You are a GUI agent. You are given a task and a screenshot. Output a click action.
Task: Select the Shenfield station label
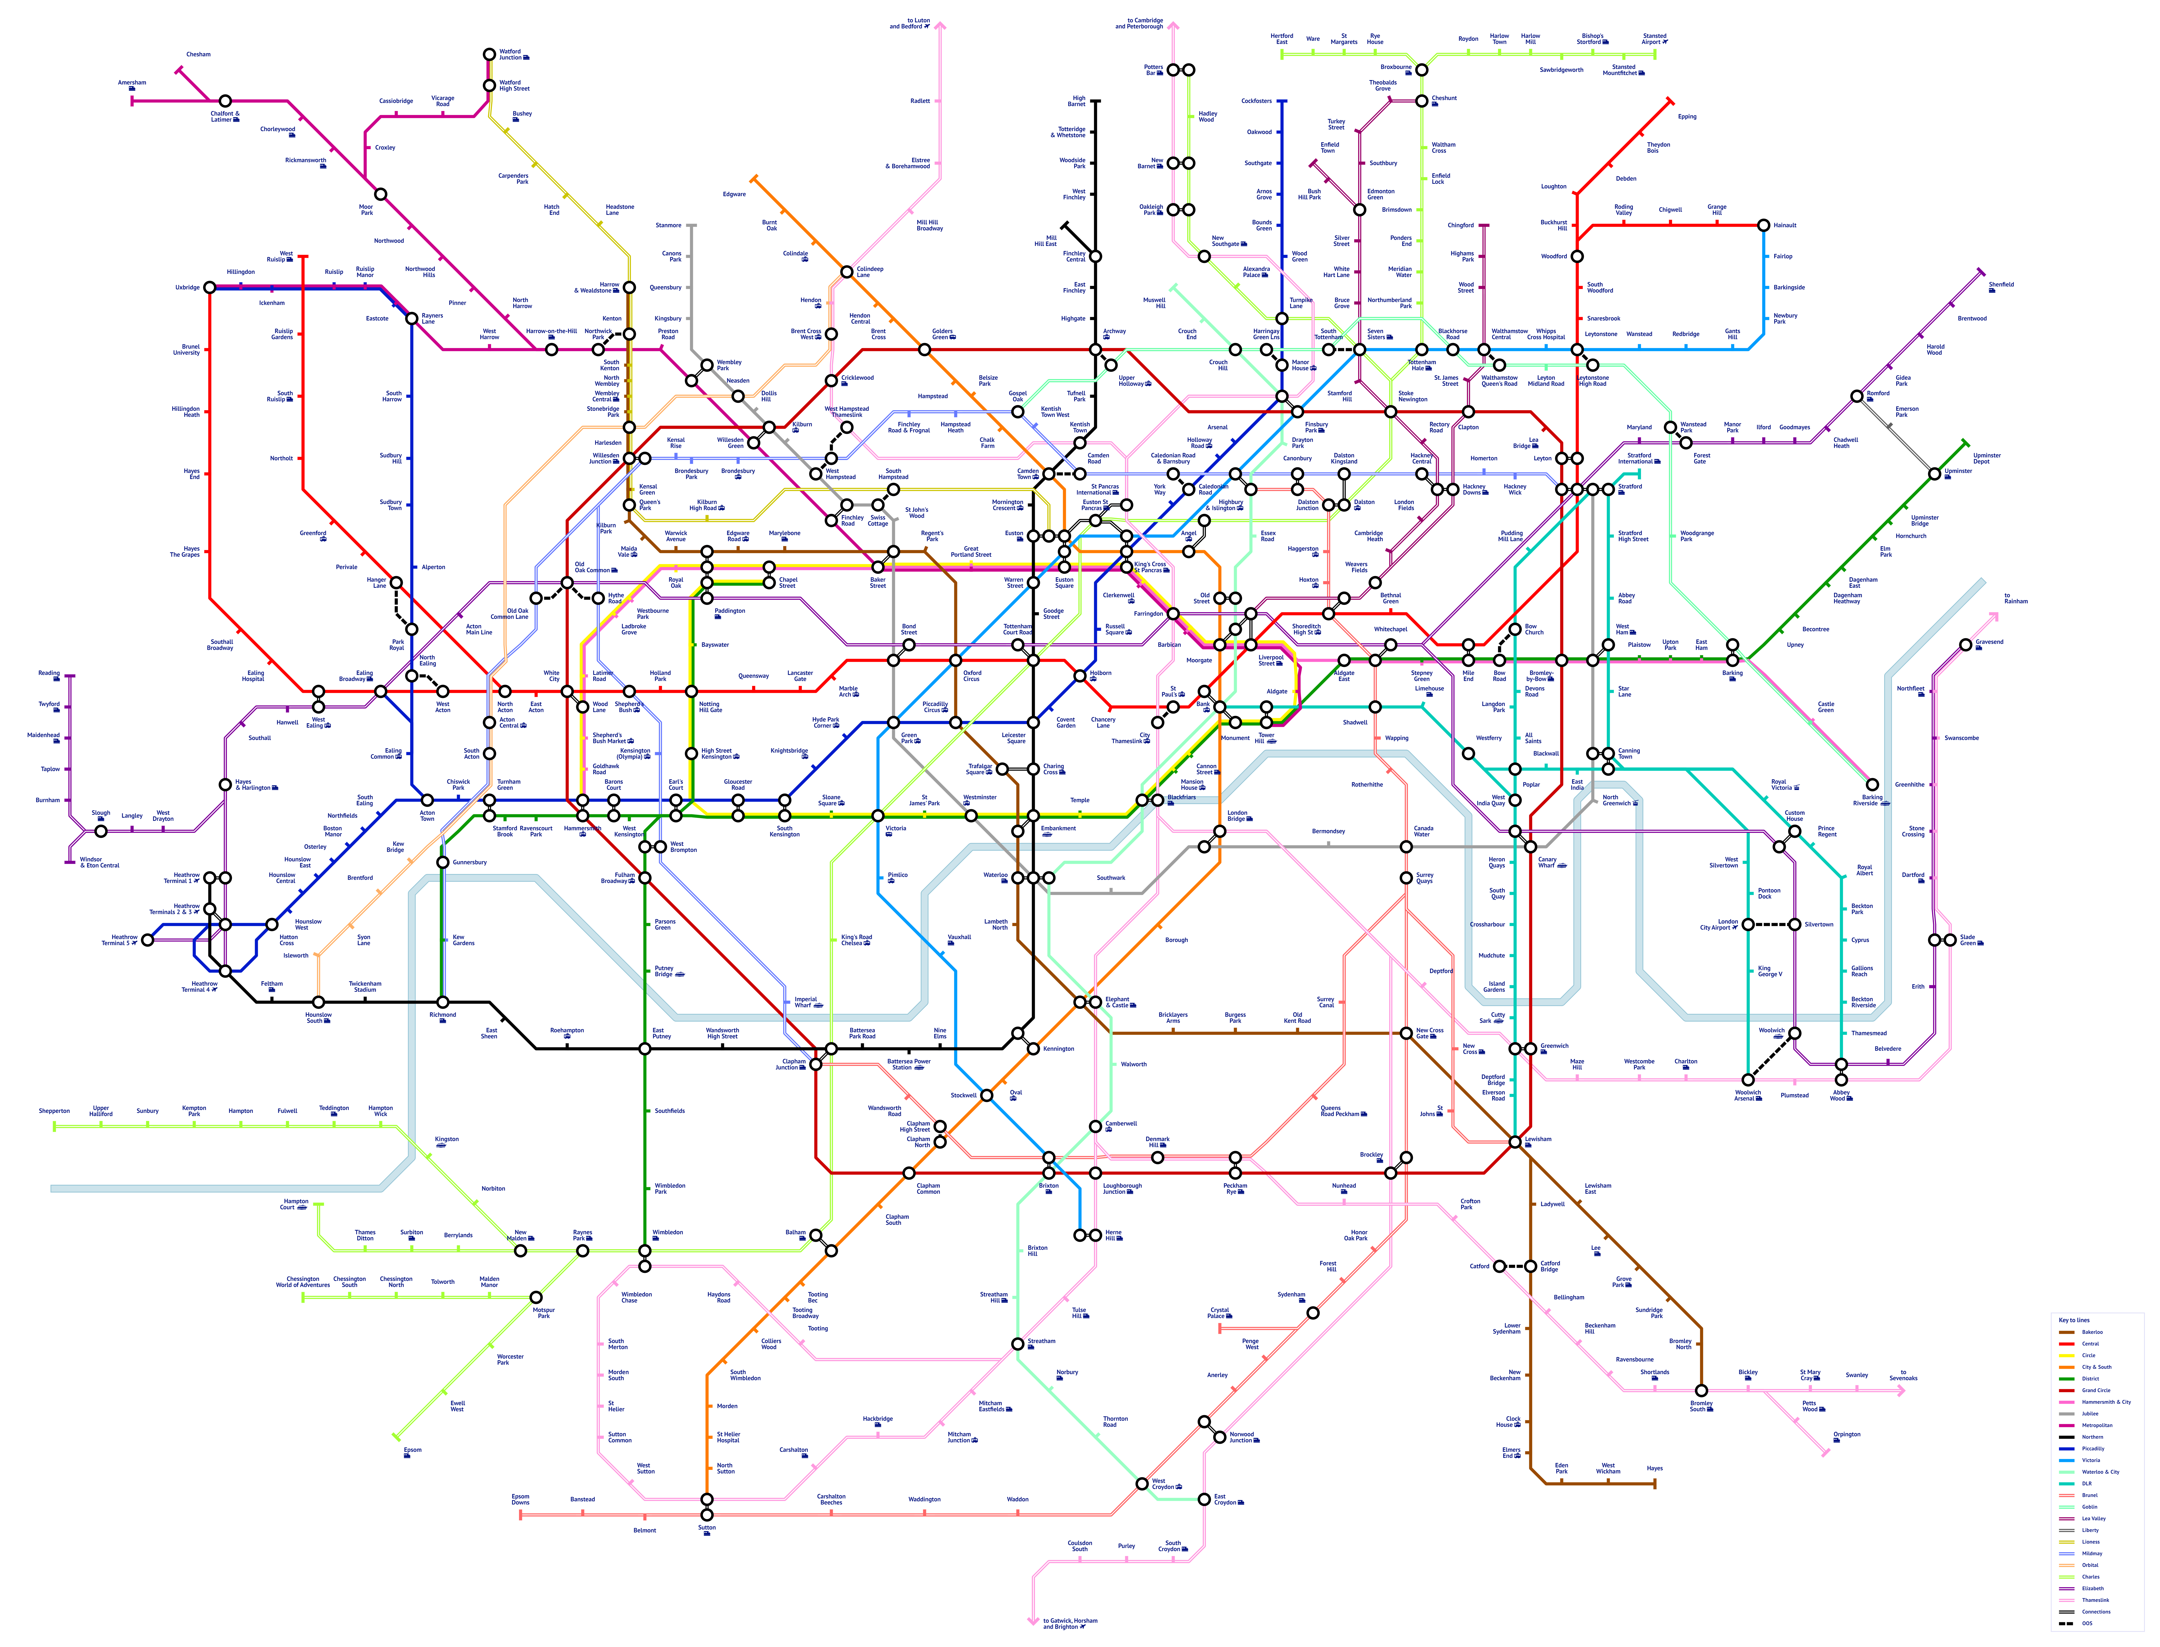point(2001,285)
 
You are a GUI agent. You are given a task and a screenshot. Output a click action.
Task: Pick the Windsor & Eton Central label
point(99,863)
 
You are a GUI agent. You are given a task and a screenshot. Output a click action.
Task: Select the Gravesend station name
point(1988,643)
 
